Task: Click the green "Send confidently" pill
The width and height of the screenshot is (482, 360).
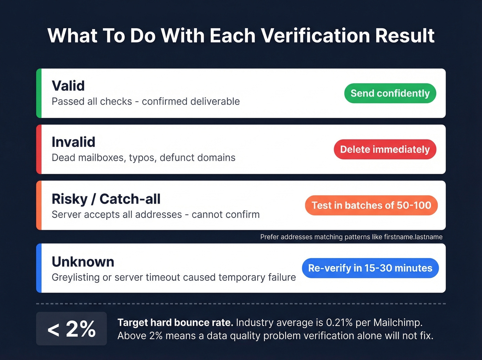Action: click(x=390, y=93)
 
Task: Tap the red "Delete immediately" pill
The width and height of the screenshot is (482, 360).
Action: click(x=385, y=150)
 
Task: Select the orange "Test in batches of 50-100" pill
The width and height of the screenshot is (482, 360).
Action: click(x=371, y=205)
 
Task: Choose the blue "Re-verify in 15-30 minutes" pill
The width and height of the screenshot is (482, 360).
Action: click(x=370, y=268)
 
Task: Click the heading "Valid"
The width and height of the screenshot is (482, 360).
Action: click(x=68, y=86)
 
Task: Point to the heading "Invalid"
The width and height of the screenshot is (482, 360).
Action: click(x=73, y=142)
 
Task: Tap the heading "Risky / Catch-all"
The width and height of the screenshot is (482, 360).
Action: click(x=106, y=199)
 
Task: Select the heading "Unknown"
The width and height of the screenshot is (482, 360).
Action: click(x=83, y=262)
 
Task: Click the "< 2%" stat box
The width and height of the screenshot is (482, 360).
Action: click(x=72, y=329)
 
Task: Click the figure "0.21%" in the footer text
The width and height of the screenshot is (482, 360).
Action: click(x=339, y=323)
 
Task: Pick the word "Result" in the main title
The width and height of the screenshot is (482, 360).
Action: click(x=405, y=35)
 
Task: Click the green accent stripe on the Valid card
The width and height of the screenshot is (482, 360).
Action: click(x=39, y=93)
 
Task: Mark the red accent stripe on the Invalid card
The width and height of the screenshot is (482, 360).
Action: click(x=39, y=150)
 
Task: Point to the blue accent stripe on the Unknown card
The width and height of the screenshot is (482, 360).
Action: click(x=39, y=268)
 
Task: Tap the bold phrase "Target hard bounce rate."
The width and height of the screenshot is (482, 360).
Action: click(x=175, y=323)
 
